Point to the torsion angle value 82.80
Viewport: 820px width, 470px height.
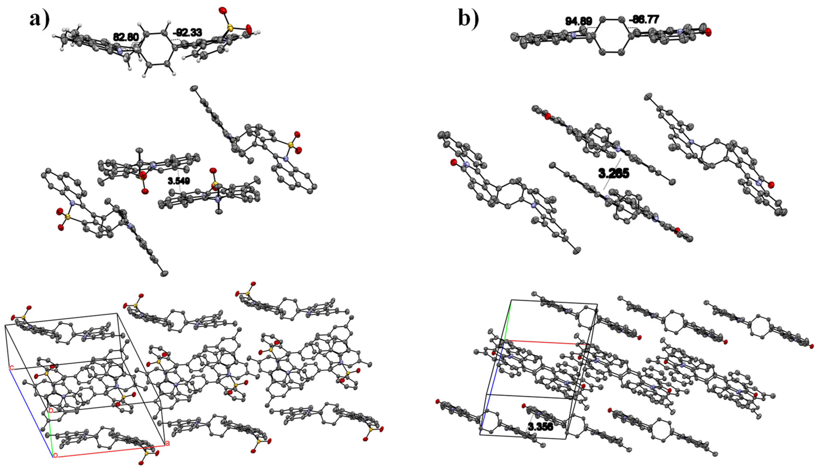(126, 37)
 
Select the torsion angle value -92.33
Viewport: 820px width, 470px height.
(187, 32)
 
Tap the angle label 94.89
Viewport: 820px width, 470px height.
(578, 21)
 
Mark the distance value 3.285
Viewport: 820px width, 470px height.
(614, 174)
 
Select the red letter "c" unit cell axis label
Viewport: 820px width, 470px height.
(12, 368)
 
